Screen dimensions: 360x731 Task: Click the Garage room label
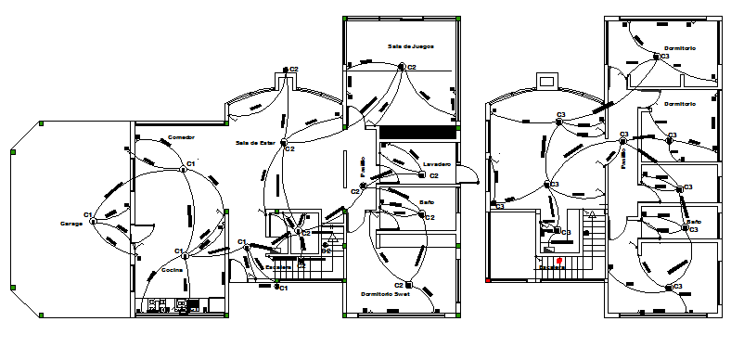point(71,224)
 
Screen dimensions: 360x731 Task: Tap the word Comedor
point(180,137)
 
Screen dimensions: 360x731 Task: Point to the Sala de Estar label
point(256,143)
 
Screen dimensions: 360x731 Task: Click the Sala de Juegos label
point(411,45)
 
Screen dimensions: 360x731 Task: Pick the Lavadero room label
point(436,164)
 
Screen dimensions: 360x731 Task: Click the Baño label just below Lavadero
point(428,202)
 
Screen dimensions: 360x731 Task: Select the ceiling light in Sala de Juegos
point(402,67)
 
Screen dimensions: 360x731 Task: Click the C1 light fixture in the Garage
point(94,221)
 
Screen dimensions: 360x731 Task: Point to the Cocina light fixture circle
point(185,254)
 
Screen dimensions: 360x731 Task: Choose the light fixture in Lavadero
point(419,174)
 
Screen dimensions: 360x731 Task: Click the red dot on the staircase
point(558,260)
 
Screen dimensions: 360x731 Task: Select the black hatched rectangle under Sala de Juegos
point(417,133)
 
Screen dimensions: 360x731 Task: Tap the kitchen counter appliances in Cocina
point(171,303)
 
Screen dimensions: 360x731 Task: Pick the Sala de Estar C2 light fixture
point(287,148)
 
